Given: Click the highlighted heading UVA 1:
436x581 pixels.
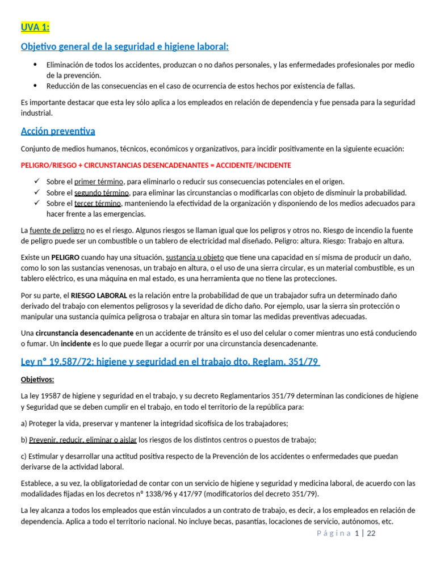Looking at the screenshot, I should coord(35,27).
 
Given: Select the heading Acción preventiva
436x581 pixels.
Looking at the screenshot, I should coord(58,131).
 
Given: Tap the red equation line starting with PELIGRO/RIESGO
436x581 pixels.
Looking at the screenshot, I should coord(156,165).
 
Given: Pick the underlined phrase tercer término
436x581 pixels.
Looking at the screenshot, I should coord(98,203).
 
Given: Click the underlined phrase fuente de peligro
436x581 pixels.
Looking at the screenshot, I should coord(57,230).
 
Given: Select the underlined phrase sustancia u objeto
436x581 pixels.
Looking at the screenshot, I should coord(195,257).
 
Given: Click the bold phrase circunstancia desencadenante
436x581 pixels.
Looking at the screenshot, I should coord(85,333).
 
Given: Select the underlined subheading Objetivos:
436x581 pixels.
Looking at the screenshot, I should coord(37,379).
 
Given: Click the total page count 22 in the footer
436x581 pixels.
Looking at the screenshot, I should coord(371,533).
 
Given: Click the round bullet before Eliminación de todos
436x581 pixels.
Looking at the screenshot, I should coord(35,65).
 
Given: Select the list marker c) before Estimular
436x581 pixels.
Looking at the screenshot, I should coord(24,456).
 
